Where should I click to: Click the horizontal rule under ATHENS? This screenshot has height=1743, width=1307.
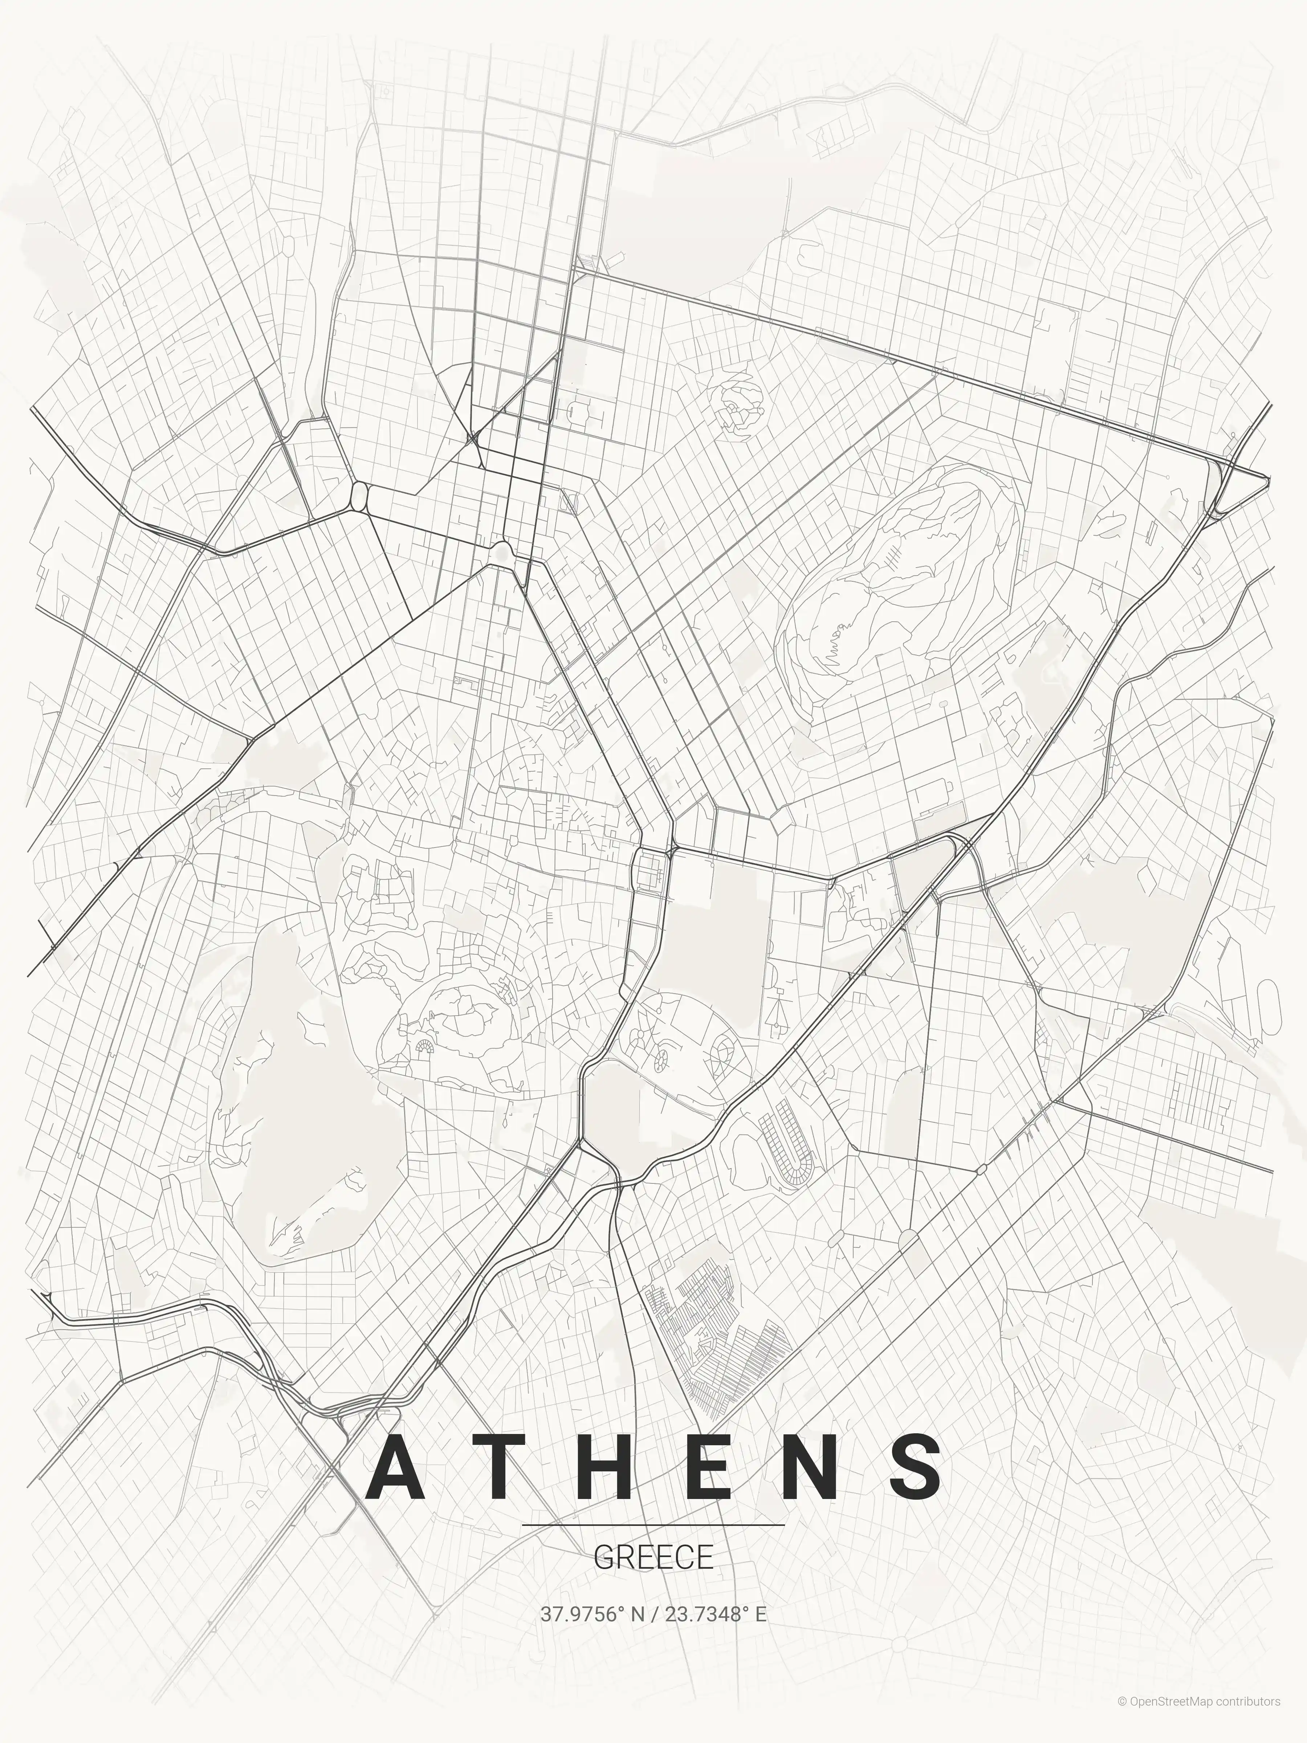[653, 1525]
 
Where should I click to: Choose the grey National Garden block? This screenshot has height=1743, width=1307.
[717, 930]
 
